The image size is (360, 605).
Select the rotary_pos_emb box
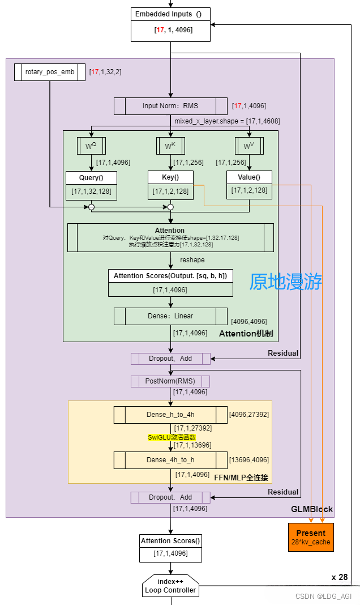[x=49, y=72]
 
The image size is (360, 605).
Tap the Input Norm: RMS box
[x=170, y=106]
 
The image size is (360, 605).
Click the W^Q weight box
[x=91, y=147]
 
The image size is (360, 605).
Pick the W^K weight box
[x=170, y=147]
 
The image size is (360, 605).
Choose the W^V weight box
[x=249, y=147]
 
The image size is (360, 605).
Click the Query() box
[x=91, y=185]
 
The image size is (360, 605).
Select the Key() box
[x=170, y=185]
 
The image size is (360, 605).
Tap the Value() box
[x=249, y=185]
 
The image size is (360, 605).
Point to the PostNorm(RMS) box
[x=170, y=381]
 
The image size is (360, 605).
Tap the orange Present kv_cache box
[x=311, y=537]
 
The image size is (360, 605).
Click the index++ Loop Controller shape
[x=170, y=586]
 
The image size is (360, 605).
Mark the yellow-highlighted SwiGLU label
[x=172, y=437]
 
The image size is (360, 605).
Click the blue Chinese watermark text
[x=286, y=282]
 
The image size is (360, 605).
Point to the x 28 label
[x=340, y=577]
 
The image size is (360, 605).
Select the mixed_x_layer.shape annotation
[x=226, y=121]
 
